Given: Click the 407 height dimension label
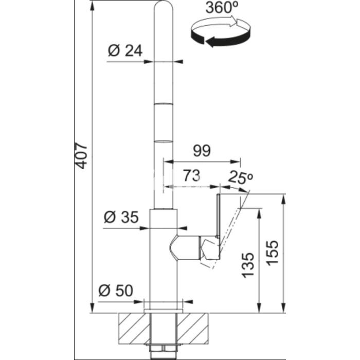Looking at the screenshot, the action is (x=82, y=156).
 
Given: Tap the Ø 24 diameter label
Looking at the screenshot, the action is (x=125, y=51).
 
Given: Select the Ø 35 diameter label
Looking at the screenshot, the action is (x=121, y=217).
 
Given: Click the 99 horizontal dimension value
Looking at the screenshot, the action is (x=202, y=151).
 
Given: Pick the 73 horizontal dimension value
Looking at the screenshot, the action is (x=192, y=176).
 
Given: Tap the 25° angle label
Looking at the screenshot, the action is (x=241, y=177).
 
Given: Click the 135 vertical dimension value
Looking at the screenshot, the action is (x=248, y=265).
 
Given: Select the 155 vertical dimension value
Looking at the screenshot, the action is (x=272, y=253).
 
